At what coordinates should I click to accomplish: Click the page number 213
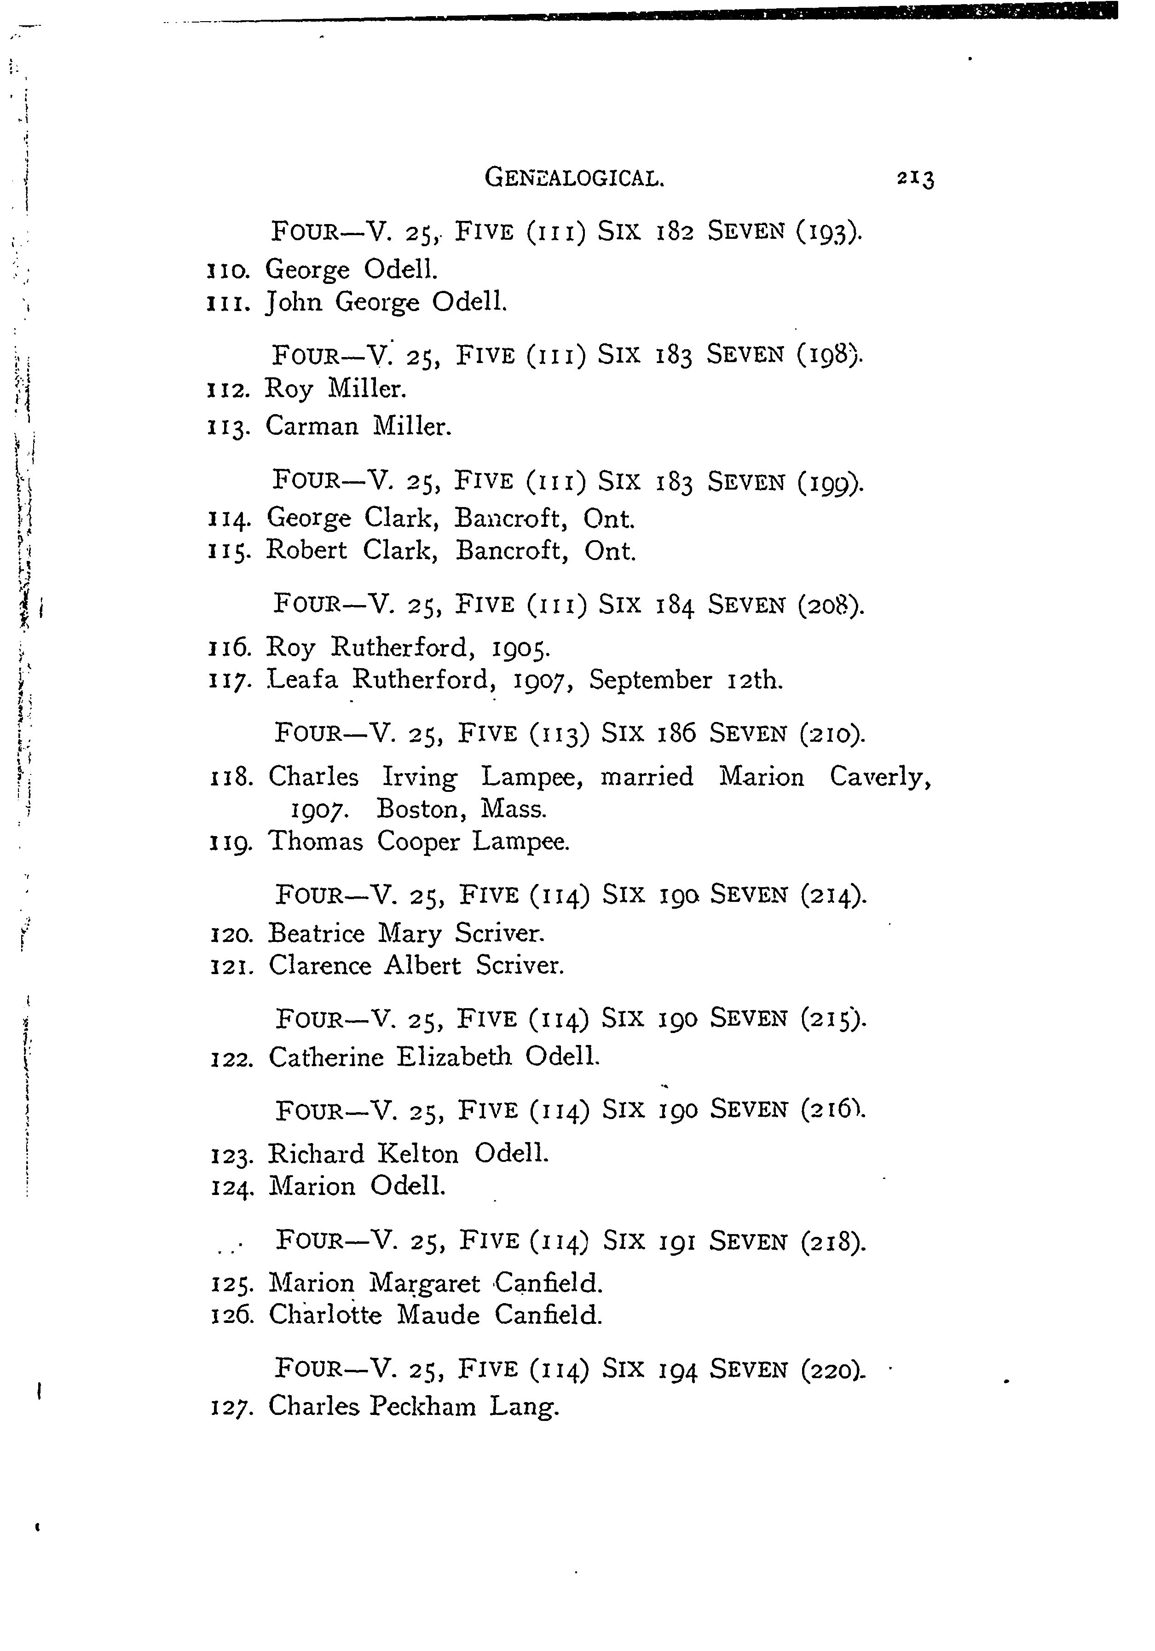point(915,179)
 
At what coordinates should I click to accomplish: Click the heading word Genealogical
point(574,177)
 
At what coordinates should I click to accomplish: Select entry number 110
point(228,271)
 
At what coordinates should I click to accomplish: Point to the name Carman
point(312,427)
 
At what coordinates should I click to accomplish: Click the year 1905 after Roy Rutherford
point(521,649)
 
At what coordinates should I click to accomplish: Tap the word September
point(650,680)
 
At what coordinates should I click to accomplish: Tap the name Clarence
point(319,966)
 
